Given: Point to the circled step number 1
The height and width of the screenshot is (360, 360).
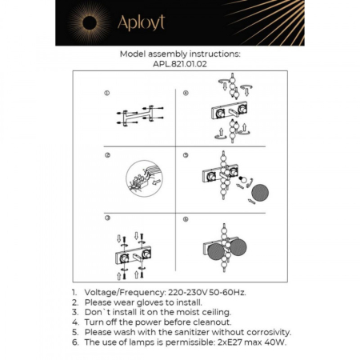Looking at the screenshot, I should tap(106, 94).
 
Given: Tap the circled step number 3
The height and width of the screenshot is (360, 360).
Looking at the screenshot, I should tap(106, 218).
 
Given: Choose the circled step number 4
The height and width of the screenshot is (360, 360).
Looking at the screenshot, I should tap(186, 94).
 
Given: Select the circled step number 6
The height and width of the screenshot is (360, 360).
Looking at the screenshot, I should tap(186, 218).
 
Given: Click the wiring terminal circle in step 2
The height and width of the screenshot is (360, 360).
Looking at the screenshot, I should tap(142, 180).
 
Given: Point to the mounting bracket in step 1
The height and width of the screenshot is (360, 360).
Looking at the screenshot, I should tap(137, 117).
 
